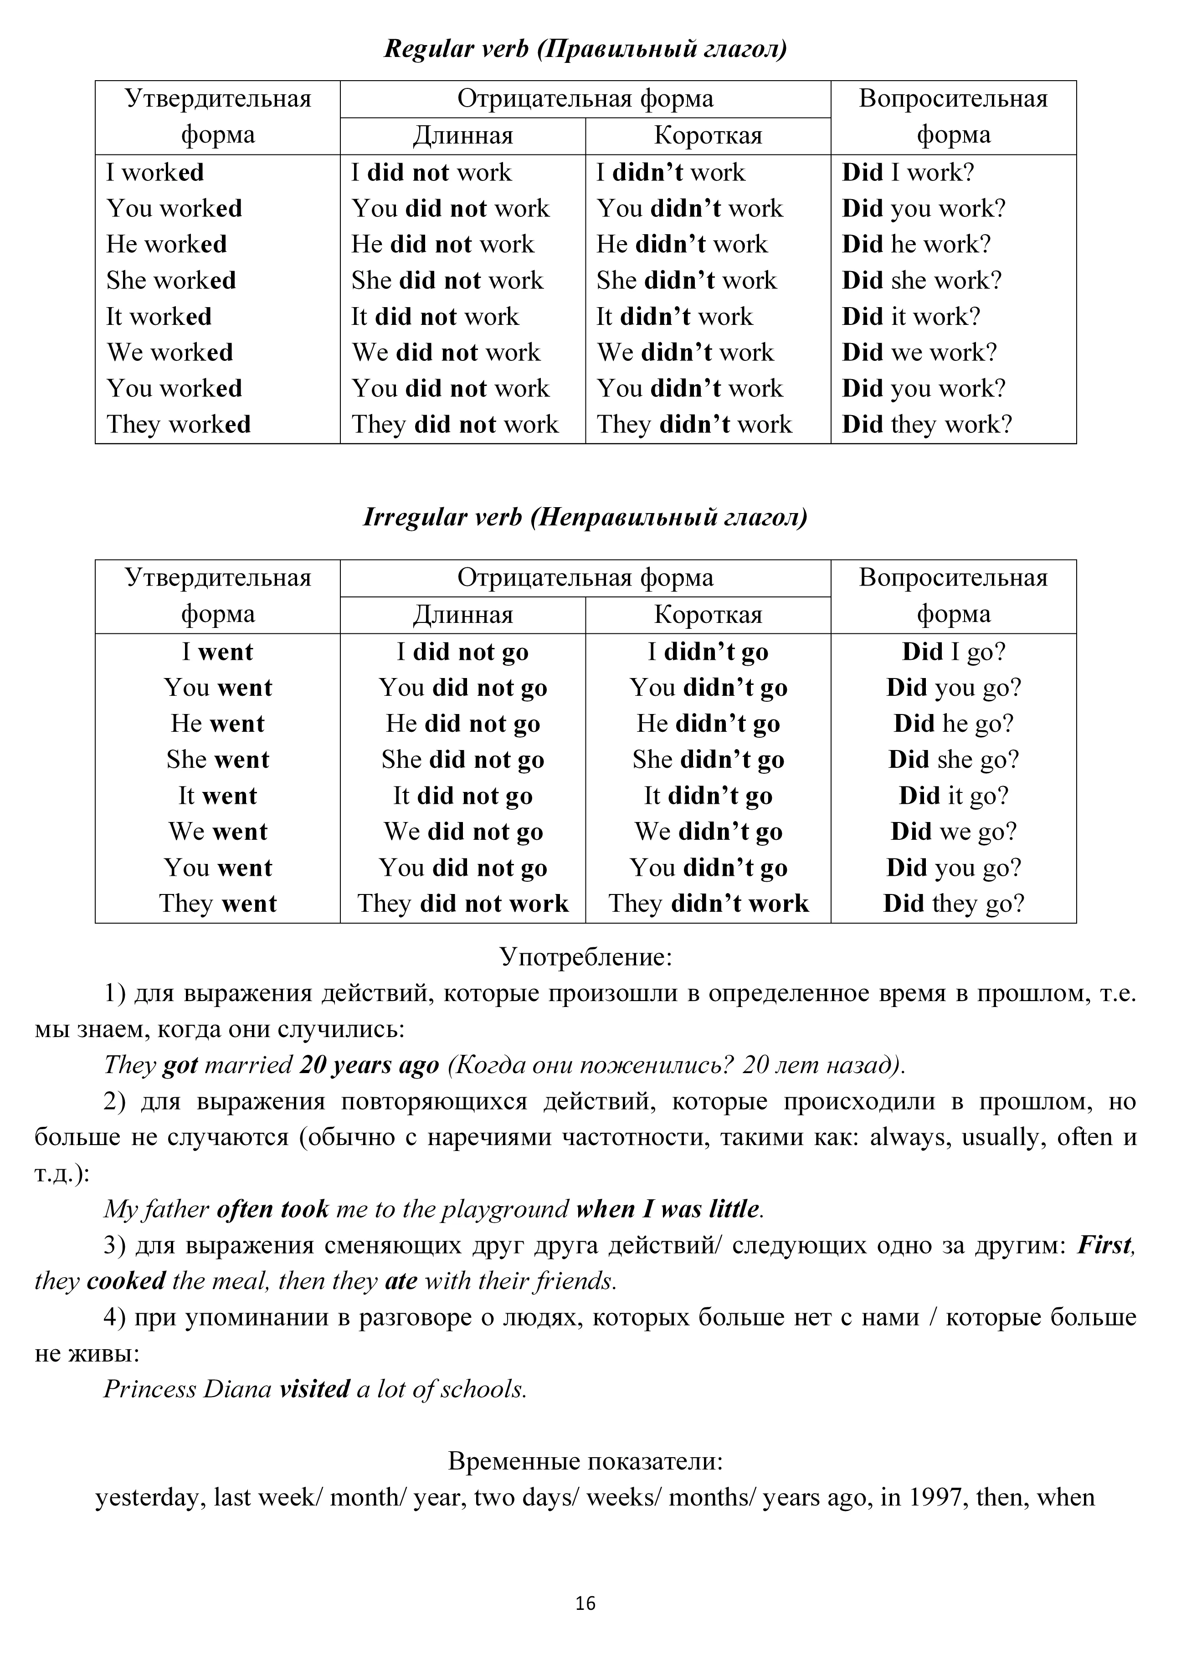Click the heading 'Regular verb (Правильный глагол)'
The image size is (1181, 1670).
[585, 50]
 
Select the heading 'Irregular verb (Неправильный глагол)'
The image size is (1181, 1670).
[585, 517]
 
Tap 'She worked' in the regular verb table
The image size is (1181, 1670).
[172, 281]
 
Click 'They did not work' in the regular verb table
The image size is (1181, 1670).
[455, 425]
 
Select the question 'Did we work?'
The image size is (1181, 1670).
[919, 353]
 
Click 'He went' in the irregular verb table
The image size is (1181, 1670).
[217, 724]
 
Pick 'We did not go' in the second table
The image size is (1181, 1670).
[463, 832]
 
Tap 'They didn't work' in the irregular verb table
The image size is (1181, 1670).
[709, 904]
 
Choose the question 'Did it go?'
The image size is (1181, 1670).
[953, 796]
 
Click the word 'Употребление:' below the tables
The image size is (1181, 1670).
[585, 957]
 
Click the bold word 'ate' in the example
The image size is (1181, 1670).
[401, 1281]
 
